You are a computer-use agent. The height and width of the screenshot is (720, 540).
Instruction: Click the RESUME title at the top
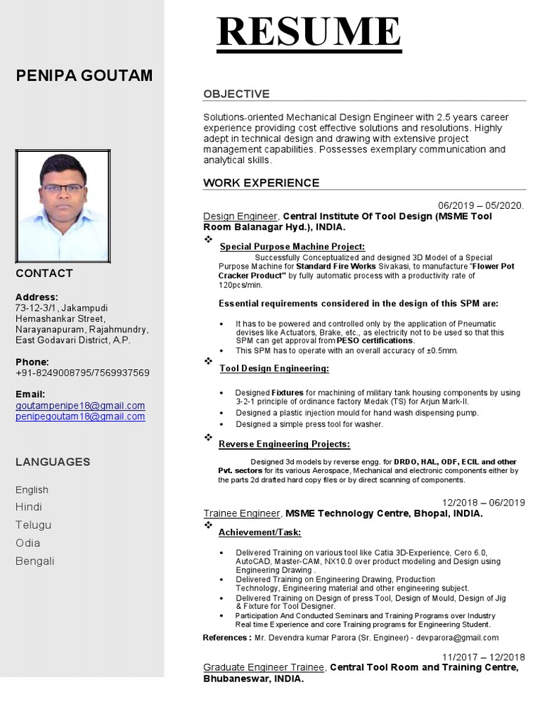tap(309, 32)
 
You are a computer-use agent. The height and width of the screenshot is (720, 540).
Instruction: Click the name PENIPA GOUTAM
tap(84, 76)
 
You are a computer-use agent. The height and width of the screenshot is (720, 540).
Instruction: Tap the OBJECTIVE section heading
tap(236, 94)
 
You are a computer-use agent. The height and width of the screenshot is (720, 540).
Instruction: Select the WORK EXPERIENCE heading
tap(261, 183)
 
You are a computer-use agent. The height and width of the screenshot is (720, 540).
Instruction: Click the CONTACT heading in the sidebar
tap(44, 273)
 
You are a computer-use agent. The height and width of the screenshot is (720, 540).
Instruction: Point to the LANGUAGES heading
tap(53, 462)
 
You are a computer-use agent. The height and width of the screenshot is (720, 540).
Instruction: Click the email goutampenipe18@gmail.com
tap(80, 406)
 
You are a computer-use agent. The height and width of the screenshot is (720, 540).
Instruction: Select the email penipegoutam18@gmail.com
tap(80, 416)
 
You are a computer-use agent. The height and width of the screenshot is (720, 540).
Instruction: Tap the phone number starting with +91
tap(82, 373)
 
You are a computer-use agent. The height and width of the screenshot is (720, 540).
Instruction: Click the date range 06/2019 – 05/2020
tap(481, 205)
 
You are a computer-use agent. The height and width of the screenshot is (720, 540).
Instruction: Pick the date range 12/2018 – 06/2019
tap(483, 502)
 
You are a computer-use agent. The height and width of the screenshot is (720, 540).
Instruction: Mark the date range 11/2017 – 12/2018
tap(483, 657)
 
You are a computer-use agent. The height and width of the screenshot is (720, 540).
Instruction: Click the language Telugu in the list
tap(33, 525)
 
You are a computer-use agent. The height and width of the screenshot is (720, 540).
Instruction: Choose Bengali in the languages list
tap(34, 561)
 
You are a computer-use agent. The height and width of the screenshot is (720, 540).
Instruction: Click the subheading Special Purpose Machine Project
tap(292, 247)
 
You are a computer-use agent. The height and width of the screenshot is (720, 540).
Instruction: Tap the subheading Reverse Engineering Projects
tap(284, 444)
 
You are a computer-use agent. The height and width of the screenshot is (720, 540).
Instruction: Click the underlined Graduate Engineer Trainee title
tap(264, 667)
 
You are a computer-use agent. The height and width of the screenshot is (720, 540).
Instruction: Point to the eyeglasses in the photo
tap(62, 188)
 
